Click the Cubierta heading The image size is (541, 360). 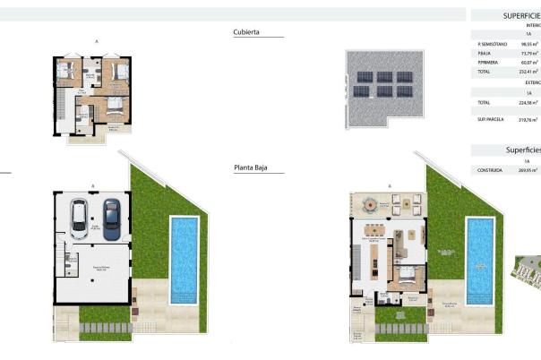[246, 31]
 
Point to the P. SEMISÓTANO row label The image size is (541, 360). [493, 44]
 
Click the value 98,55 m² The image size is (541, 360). [529, 44]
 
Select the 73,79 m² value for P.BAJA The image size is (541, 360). [529, 54]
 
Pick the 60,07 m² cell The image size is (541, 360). [529, 63]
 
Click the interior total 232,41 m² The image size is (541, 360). [529, 72]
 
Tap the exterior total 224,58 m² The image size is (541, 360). [529, 103]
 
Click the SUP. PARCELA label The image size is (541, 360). [492, 118]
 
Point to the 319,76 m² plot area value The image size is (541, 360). [529, 118]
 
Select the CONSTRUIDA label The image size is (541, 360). [490, 170]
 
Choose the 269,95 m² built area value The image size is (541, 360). [529, 170]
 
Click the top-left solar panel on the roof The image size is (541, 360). [362, 77]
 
